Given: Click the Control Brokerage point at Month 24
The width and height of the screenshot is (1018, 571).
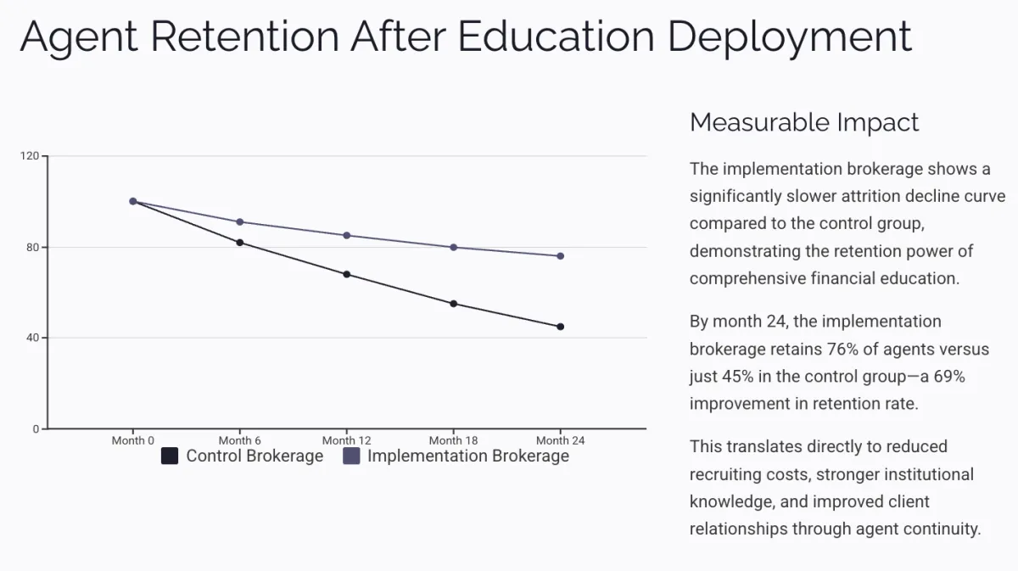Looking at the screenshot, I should (x=561, y=327).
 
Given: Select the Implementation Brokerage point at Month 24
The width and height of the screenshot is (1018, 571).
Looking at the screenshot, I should (x=561, y=256).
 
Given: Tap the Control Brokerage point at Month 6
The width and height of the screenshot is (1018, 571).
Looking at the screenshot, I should (x=240, y=243).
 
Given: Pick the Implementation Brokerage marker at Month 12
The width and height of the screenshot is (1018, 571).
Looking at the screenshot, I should (x=347, y=235).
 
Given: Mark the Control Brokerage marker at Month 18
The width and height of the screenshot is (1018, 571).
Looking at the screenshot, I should (x=454, y=304).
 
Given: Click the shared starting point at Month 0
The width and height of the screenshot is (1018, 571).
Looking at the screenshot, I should (x=133, y=201).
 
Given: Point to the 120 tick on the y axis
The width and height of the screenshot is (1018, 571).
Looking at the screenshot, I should (x=30, y=156).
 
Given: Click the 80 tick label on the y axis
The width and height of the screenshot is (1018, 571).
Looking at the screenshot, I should (x=32, y=247).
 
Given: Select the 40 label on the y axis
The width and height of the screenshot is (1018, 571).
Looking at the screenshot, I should (x=32, y=338).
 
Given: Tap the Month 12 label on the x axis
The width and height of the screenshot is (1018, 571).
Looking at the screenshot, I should (x=346, y=440).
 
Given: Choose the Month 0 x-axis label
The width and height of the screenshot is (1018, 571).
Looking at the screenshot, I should (x=133, y=440).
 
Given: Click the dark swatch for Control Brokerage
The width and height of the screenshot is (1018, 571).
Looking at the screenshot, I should (x=170, y=456).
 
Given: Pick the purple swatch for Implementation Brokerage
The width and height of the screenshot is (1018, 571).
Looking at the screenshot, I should (x=351, y=456).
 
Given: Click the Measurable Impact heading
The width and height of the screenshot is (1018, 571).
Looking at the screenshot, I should (x=804, y=122).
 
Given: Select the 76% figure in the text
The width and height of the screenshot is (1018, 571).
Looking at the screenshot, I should (x=857, y=350).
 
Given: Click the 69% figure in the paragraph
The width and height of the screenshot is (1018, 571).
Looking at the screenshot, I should (x=948, y=377).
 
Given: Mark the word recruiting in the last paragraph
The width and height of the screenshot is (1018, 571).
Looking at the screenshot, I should (x=730, y=474).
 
